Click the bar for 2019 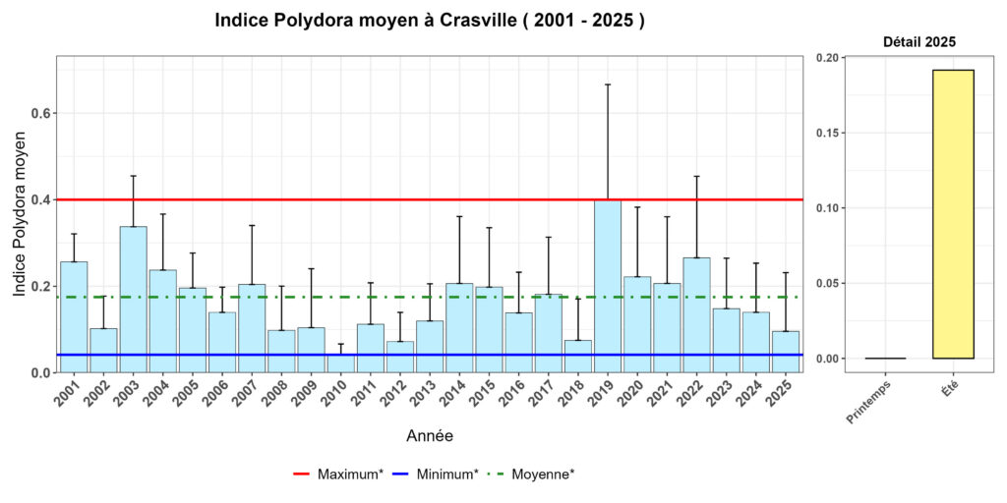(607, 286)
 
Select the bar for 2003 (133, 300)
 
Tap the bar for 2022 (696, 315)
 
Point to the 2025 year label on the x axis (782, 398)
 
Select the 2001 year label (70, 398)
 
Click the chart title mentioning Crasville (430, 21)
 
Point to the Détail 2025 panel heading (918, 42)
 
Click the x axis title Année (430, 435)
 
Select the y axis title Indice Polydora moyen (20, 213)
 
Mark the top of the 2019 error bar (607, 84)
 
